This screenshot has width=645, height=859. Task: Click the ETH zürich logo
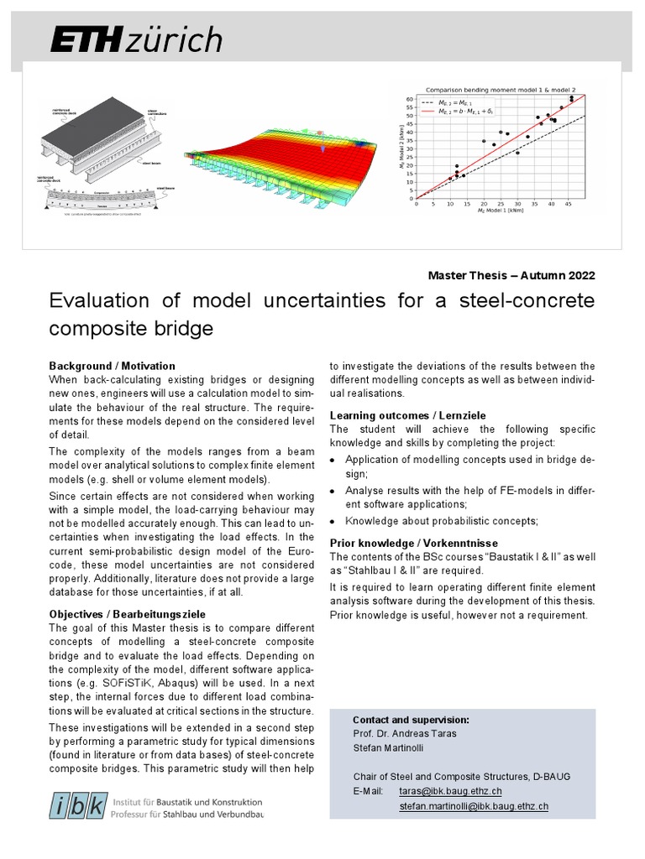point(136,39)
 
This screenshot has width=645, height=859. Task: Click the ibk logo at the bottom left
point(80,807)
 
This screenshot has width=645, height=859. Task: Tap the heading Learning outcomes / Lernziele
point(407,415)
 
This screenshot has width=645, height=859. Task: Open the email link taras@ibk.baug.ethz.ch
point(450,791)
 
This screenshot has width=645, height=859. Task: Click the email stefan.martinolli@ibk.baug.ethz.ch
point(474,806)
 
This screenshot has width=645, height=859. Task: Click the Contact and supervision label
point(411,720)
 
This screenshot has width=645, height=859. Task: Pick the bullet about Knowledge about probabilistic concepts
point(441,521)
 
